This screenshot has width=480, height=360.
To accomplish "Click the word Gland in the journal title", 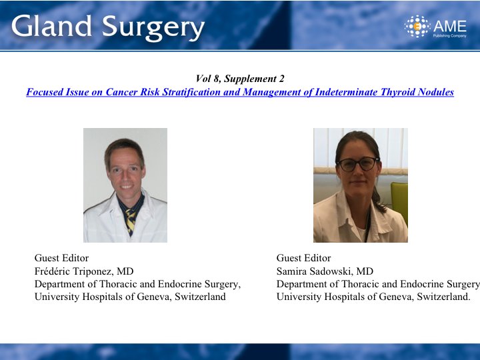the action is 51,26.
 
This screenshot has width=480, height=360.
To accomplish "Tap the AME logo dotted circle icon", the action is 417,26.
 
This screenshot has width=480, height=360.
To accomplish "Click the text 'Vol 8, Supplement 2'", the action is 240,79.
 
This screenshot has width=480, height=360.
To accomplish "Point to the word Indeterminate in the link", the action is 346,92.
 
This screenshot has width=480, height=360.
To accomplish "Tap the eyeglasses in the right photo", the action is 358,164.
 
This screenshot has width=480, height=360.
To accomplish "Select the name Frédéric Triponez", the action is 74,271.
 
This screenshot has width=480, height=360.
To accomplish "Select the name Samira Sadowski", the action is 315,271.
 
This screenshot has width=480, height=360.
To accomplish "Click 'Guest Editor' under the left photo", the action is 61,258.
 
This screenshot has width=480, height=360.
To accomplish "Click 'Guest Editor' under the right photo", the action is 304,258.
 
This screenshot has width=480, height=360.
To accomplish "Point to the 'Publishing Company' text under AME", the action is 449,36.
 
